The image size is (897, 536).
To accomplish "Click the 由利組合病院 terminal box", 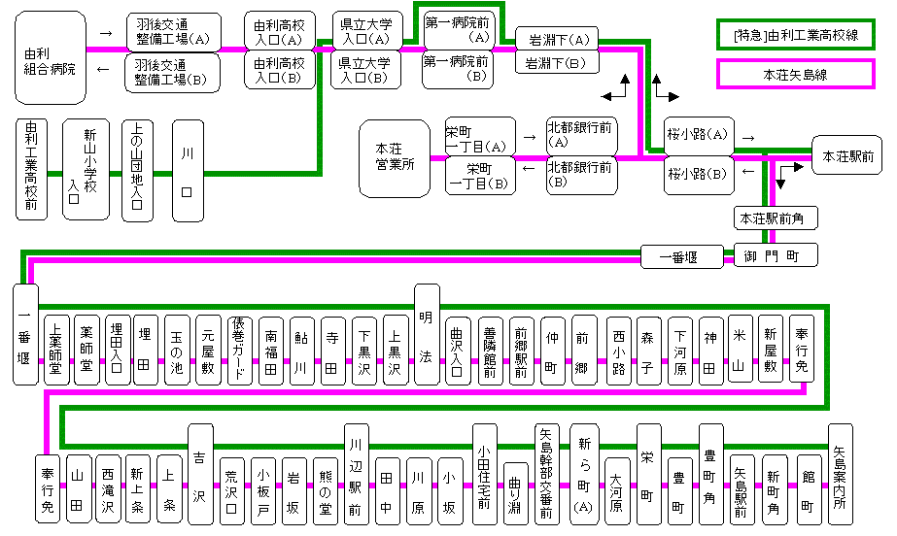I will (x=49, y=58).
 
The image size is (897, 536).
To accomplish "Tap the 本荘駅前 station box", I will (x=847, y=155).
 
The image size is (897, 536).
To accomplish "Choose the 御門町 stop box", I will (x=776, y=255).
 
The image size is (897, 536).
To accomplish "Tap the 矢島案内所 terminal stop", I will (x=841, y=473).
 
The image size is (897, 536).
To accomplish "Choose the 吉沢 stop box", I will (x=200, y=473).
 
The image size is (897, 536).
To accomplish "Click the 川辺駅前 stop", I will (x=356, y=473).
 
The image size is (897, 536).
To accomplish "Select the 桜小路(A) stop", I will (x=698, y=135).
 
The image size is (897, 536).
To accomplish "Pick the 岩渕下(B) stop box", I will (x=556, y=63).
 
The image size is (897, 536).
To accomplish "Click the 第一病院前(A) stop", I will (x=457, y=29).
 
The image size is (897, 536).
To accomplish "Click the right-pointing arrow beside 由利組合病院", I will (x=106, y=33).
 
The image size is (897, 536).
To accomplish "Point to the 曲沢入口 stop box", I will (x=458, y=351).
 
